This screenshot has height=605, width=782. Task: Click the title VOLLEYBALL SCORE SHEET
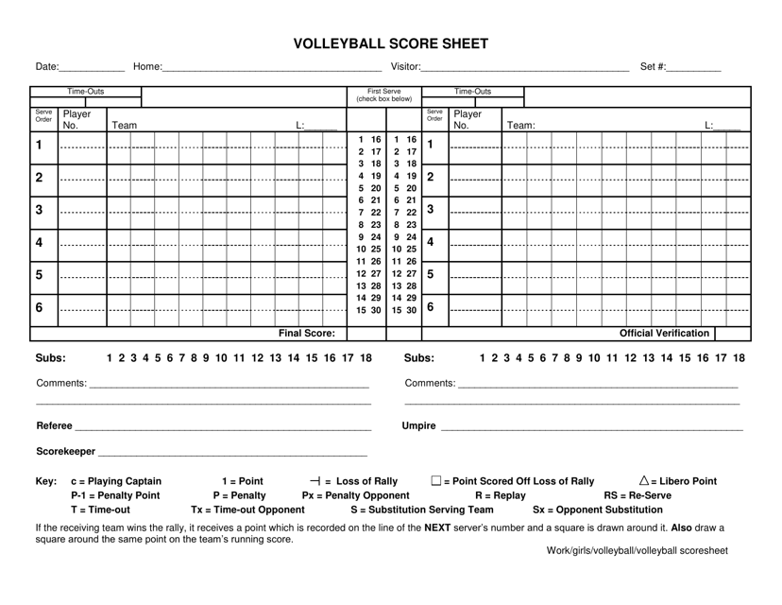[x=391, y=43]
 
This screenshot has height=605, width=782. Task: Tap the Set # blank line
[x=694, y=68]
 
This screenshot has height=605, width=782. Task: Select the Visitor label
[x=405, y=67]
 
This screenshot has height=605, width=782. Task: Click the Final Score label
[x=306, y=334]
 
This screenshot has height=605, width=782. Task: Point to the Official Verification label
[x=664, y=334]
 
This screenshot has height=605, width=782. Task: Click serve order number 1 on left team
[x=39, y=146]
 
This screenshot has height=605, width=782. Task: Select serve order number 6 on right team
[x=431, y=307]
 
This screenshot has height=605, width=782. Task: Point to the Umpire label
[x=419, y=426]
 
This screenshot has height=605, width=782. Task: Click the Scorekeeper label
[x=65, y=451]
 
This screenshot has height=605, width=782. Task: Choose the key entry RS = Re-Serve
[x=637, y=495]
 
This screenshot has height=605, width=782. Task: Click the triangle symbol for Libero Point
[x=645, y=480]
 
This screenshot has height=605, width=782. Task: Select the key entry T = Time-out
[x=101, y=510]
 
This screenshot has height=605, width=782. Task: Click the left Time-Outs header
[x=85, y=92]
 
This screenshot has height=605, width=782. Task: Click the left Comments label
[x=60, y=384]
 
